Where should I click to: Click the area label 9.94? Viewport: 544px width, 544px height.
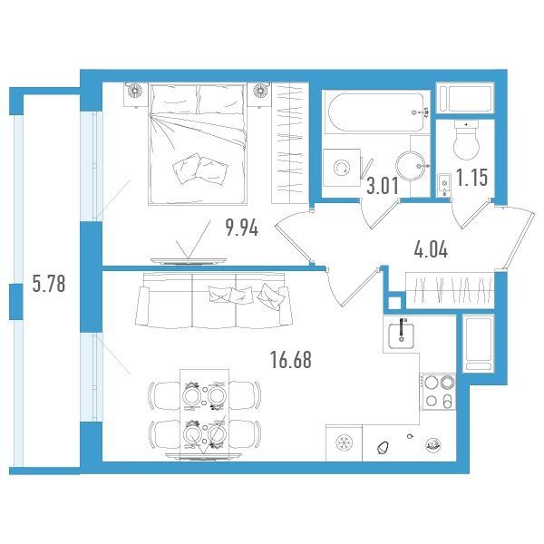pos(242,228)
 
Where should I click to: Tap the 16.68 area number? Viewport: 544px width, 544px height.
pos(291,360)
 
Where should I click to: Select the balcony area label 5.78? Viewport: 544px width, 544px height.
pos(49,283)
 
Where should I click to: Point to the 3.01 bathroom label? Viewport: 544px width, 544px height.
pos(383,186)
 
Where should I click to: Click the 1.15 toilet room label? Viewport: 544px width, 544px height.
pos(471,178)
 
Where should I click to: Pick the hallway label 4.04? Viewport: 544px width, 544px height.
pos(431,250)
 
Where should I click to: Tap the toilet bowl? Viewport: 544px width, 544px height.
pos(466,141)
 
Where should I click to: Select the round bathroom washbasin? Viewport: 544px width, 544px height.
pos(411,166)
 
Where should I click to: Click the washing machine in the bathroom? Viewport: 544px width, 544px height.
pos(342,168)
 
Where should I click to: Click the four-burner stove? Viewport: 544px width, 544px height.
pos(438,392)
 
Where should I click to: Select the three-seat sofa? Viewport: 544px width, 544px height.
pos(214,299)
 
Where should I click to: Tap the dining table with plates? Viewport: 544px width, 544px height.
pos(204,414)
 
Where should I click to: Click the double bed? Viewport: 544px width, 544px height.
pos(198,143)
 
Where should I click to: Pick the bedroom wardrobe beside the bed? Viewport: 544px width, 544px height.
pos(290,143)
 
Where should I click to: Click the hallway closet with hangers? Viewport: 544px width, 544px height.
pos(450,290)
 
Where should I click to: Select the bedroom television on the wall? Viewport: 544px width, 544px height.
pos(189,261)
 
